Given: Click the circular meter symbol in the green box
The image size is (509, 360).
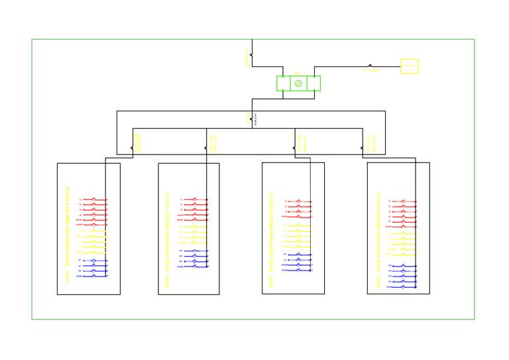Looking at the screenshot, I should click(x=298, y=84).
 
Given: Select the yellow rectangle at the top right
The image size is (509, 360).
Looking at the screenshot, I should click(x=409, y=66).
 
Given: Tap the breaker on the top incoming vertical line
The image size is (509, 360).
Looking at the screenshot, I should click(x=251, y=55).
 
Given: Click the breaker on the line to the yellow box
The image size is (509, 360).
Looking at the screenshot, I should click(x=370, y=66).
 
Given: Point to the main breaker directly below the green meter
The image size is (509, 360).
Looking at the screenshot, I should click(x=251, y=120).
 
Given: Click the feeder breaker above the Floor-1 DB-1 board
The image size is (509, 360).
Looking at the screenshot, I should click(x=133, y=147).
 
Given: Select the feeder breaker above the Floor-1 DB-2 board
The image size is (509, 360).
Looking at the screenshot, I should click(x=206, y=147).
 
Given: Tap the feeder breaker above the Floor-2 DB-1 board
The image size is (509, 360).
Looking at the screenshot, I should click(x=295, y=147).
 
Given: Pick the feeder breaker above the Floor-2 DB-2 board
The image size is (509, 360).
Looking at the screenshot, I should click(x=363, y=147).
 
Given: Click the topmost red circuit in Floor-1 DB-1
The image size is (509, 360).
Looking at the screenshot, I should click(x=94, y=199).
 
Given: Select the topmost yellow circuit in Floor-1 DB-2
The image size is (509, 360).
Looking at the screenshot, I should click(x=195, y=225).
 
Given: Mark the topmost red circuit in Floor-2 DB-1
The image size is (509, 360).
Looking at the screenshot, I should click(x=298, y=202).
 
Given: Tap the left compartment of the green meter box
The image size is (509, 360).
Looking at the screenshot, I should click(x=283, y=84).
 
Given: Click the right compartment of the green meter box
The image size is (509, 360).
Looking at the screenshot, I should click(x=313, y=84).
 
